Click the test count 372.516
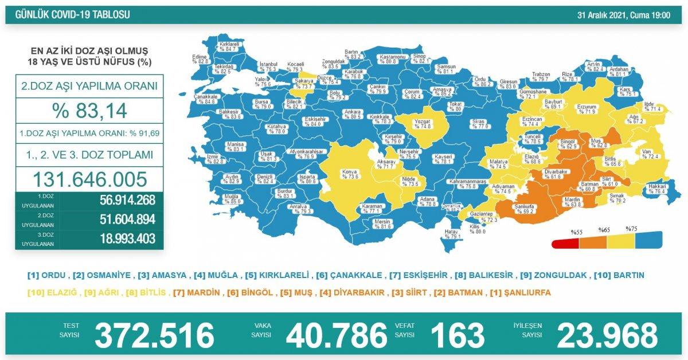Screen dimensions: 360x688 click(x=154, y=335)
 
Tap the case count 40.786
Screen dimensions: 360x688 click(x=337, y=335)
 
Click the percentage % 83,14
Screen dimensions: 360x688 click(x=89, y=110)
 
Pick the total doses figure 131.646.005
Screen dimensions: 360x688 click(x=89, y=179)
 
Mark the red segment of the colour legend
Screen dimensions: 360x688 click(x=565, y=242)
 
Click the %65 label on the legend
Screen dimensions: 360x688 click(x=603, y=230)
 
